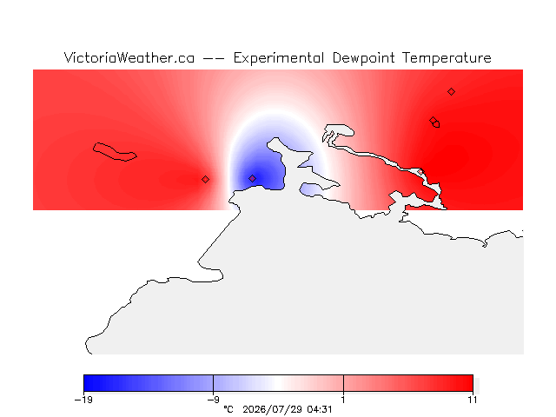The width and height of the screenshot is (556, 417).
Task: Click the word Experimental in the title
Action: (x=278, y=58)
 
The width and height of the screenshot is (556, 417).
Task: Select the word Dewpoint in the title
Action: (x=363, y=58)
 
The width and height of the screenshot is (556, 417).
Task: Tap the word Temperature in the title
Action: (x=447, y=58)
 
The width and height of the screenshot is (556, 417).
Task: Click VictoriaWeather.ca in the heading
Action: (x=129, y=58)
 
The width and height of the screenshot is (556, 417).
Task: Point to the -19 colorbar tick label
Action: (x=83, y=400)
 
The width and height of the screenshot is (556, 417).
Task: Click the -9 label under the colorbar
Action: (x=213, y=400)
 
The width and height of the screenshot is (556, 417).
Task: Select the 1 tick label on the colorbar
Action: (x=343, y=400)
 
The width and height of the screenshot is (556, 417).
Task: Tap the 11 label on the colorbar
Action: (x=473, y=400)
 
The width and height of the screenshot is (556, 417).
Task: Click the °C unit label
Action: (x=228, y=409)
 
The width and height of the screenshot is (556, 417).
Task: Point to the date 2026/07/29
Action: (x=273, y=409)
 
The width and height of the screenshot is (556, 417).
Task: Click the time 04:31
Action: (x=320, y=409)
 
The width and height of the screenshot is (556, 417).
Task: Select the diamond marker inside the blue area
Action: (x=252, y=178)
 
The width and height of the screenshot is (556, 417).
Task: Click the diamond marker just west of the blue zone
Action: (x=205, y=180)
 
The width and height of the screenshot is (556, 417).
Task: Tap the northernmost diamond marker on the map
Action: (x=451, y=92)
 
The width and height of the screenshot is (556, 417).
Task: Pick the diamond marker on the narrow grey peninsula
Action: (x=420, y=172)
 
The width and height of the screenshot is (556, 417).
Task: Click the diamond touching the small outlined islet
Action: (x=433, y=121)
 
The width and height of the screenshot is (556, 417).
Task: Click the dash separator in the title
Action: (x=214, y=58)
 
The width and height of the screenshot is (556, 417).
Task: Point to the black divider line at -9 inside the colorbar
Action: (x=213, y=383)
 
